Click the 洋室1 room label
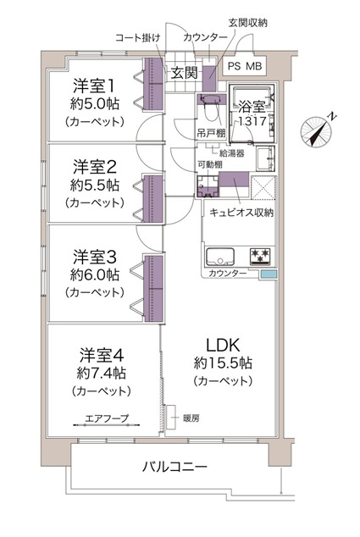pyautogui.click(x=93, y=86)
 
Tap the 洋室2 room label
pyautogui.click(x=95, y=167)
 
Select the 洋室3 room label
pyautogui.click(x=95, y=257)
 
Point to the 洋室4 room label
pyautogui.click(x=102, y=355)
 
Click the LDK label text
pyautogui.click(x=223, y=346)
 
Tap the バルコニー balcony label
pyautogui.click(x=174, y=467)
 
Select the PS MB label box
pyautogui.click(x=245, y=66)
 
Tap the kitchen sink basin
pyautogui.click(x=220, y=257)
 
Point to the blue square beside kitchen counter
pyautogui.click(x=269, y=274)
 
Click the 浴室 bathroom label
pyautogui.click(x=252, y=107)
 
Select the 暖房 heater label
pyautogui.click(x=191, y=418)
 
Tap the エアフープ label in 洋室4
pyautogui.click(x=107, y=418)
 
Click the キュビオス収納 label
pyautogui.click(x=241, y=213)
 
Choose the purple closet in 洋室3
pyautogui.click(x=153, y=288)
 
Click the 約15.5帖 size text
pyautogui.click(x=223, y=363)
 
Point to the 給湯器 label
pyautogui.click(x=232, y=153)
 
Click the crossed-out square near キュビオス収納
pyautogui.click(x=263, y=187)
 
